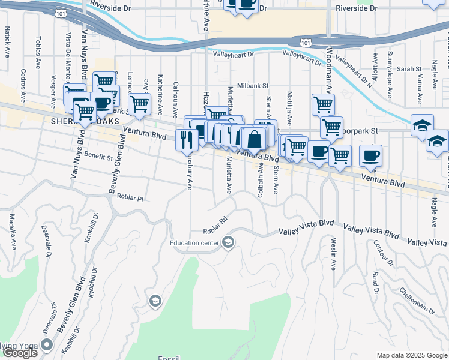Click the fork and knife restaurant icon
(x=187, y=140)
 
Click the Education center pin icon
(x=228, y=242)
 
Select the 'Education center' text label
(x=194, y=243)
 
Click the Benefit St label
(x=98, y=157)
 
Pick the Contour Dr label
(x=382, y=254)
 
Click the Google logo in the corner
(x=19, y=353)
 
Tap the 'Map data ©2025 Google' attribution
(x=411, y=355)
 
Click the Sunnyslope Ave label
(x=390, y=75)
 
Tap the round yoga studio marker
(x=47, y=345)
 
